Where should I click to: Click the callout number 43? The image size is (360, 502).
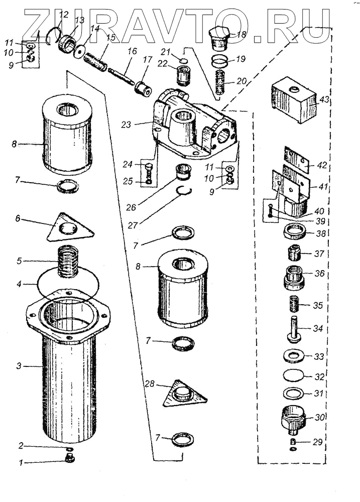(x=324, y=100)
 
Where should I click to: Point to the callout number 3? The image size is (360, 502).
(x=18, y=366)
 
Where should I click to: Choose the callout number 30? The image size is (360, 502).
(x=319, y=417)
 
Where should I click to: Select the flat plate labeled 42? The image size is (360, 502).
(x=299, y=159)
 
